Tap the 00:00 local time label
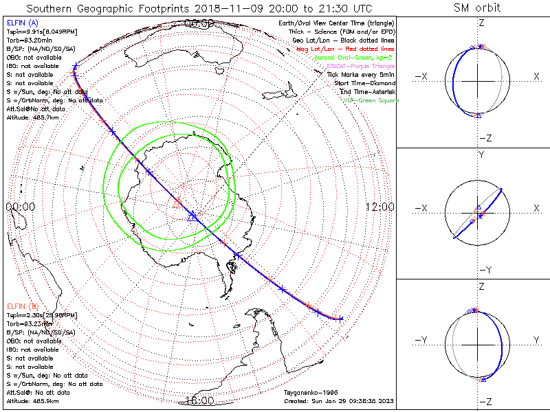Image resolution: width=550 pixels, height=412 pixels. tap(20, 206)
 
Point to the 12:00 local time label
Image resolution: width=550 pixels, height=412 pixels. tap(379, 206)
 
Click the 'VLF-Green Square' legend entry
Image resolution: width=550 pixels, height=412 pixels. tap(371, 100)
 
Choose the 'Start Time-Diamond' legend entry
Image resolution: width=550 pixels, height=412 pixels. tap(364, 83)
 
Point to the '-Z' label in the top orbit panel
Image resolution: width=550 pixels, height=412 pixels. tap(485, 138)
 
